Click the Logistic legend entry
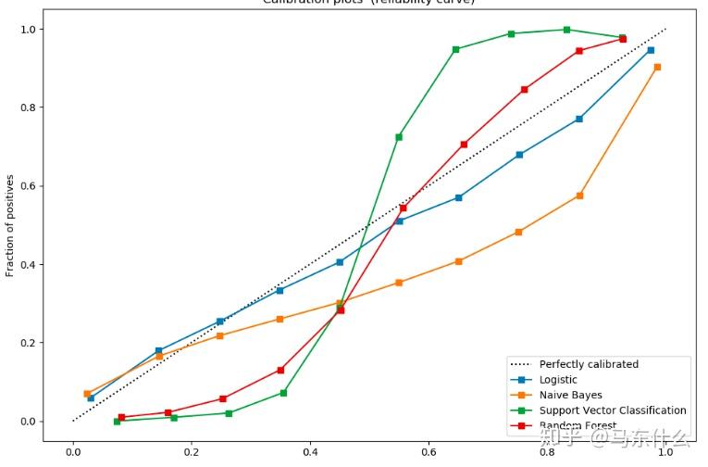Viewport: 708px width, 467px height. click(558, 380)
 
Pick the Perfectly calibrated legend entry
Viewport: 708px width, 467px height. click(589, 364)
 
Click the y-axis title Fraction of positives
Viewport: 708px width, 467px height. click(11, 225)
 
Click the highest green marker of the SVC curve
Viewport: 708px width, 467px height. click(566, 30)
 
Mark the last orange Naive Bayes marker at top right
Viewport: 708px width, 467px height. click(657, 67)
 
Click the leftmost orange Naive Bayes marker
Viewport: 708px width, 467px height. click(87, 394)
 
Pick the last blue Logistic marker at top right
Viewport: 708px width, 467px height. click(651, 50)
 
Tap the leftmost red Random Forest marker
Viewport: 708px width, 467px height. click(121, 417)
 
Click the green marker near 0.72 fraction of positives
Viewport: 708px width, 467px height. click(399, 137)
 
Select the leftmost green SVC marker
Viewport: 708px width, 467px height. click(117, 421)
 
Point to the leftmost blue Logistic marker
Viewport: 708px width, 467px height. click(91, 398)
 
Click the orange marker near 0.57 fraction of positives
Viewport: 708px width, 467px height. click(579, 196)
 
